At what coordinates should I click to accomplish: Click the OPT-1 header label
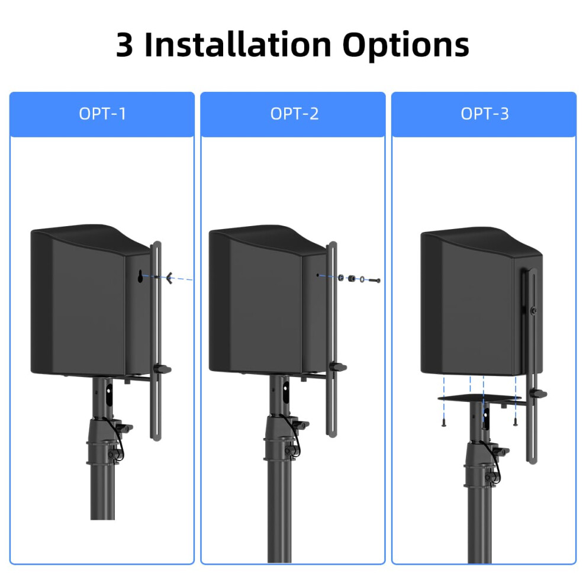[x=102, y=114]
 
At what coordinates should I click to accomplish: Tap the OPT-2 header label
[x=295, y=114]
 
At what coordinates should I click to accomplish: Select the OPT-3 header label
[x=485, y=114]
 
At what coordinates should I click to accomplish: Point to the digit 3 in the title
[x=124, y=45]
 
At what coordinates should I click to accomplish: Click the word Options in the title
[x=405, y=46]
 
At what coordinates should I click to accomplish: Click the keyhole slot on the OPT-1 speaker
[x=140, y=276]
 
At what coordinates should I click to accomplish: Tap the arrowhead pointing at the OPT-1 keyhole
[x=169, y=278]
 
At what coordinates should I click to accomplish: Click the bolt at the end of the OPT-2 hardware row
[x=375, y=280]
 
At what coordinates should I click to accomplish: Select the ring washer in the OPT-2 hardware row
[x=362, y=279]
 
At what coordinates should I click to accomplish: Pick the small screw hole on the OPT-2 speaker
[x=318, y=275]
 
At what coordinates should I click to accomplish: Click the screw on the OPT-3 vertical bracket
[x=534, y=311]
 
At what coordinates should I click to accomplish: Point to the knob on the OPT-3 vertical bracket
[x=539, y=394]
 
